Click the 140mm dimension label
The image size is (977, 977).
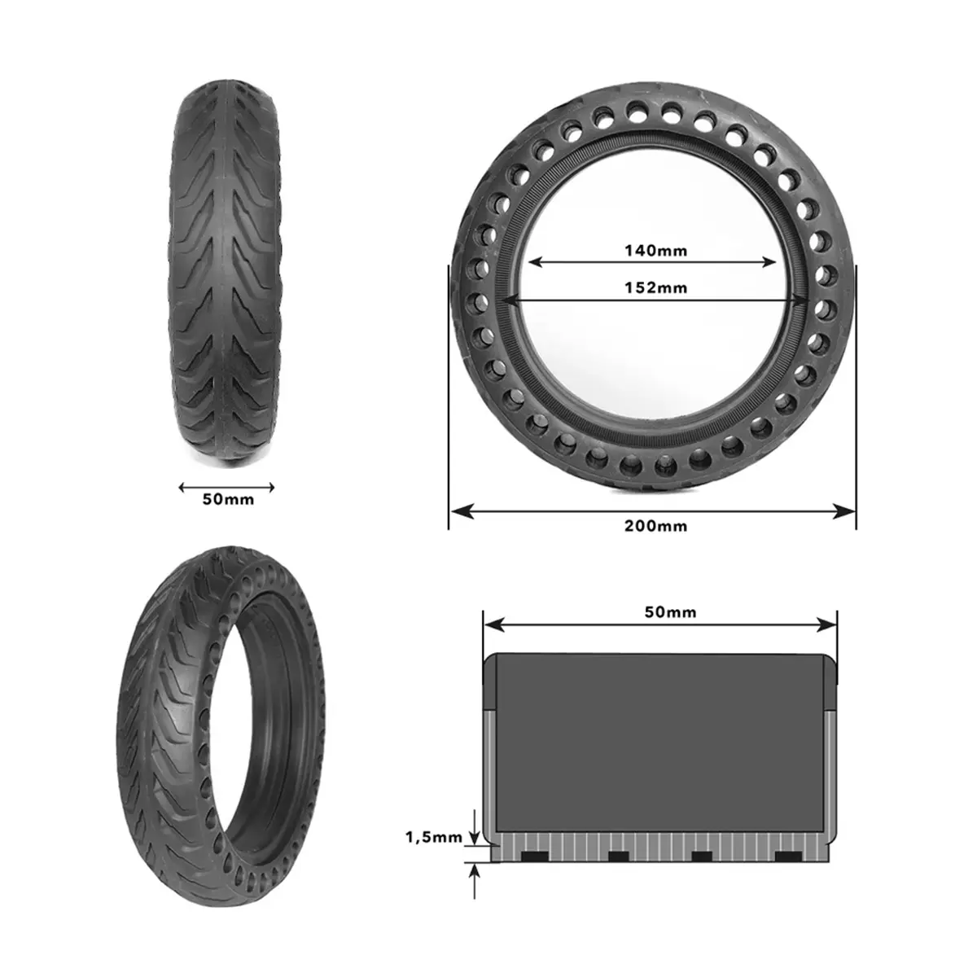coord(655,251)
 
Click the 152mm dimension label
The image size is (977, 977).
coord(655,288)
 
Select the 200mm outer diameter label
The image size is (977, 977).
coord(655,526)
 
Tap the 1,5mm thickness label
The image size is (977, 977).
coord(434,837)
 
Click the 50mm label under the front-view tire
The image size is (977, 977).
coord(228,499)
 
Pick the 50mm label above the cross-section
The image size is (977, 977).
coord(670,612)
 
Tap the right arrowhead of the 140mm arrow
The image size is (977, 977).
coord(769,262)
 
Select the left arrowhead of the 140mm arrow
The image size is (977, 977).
coord(536,262)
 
